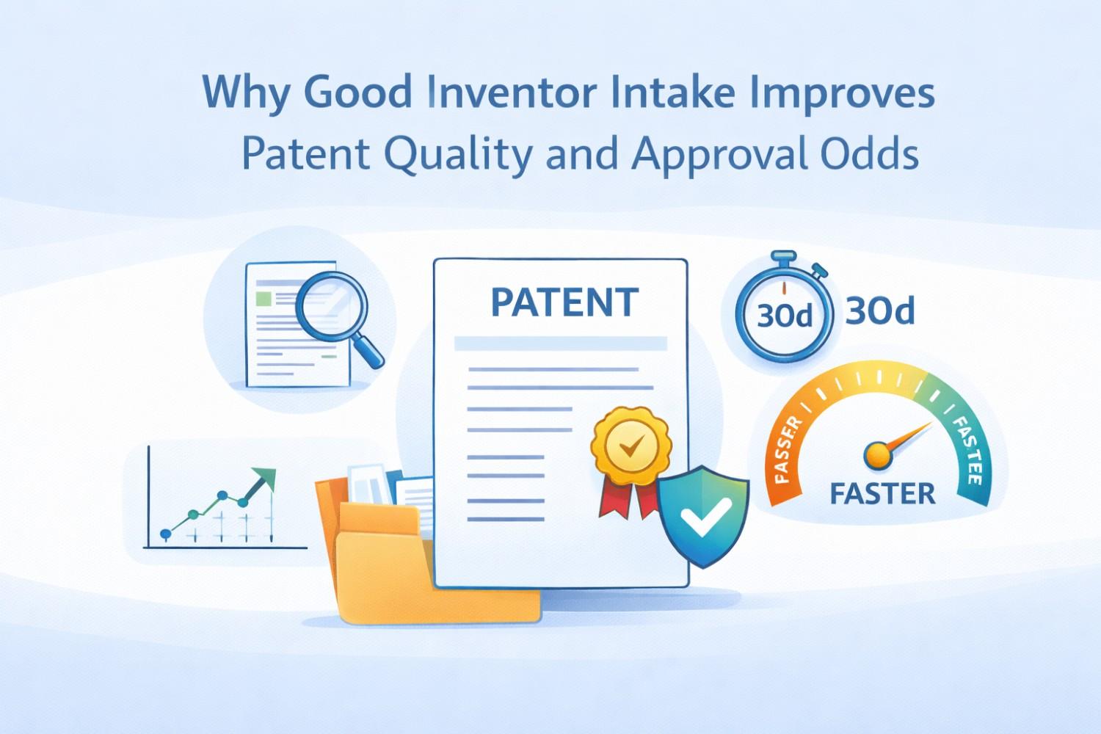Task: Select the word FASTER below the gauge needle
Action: coord(882,493)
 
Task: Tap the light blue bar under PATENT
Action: coord(560,344)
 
